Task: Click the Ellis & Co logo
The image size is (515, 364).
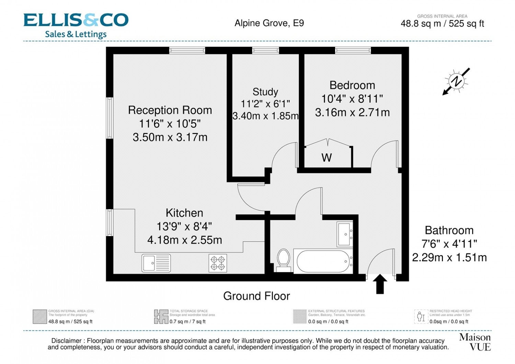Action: (x=76, y=25)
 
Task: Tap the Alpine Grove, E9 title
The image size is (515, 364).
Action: (x=269, y=23)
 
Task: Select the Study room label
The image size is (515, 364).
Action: (x=265, y=92)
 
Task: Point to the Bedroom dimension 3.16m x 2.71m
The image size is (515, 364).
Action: (x=352, y=113)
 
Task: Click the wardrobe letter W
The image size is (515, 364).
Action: (x=327, y=158)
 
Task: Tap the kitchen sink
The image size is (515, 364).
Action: (x=156, y=263)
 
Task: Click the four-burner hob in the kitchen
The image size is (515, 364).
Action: (x=218, y=263)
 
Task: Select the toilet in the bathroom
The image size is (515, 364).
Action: (x=284, y=261)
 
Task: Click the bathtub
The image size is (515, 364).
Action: (x=323, y=261)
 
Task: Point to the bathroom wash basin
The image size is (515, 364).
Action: (x=345, y=234)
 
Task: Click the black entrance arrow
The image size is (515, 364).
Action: (x=380, y=284)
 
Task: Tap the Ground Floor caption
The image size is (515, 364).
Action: (x=256, y=296)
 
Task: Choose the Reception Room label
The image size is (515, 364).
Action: (x=170, y=110)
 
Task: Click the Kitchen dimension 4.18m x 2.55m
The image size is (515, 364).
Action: (x=185, y=240)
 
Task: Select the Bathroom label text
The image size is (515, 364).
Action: (x=449, y=230)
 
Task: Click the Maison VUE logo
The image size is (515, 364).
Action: (x=475, y=342)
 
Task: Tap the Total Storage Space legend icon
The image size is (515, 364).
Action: (x=161, y=317)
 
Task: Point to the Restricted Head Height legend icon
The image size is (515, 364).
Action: (x=421, y=317)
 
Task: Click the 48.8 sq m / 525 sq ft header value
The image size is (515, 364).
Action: (x=442, y=24)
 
